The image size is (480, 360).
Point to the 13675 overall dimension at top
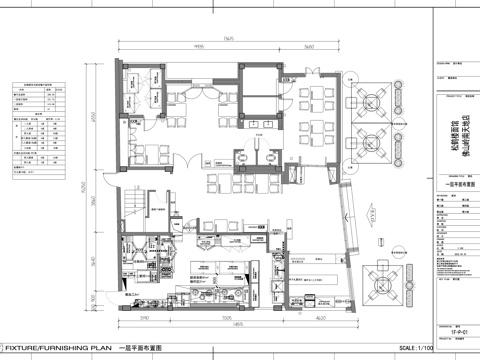click(x=228, y=38)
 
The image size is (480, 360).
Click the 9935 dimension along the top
click(x=199, y=47)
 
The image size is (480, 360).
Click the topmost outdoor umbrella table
click(x=383, y=100)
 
